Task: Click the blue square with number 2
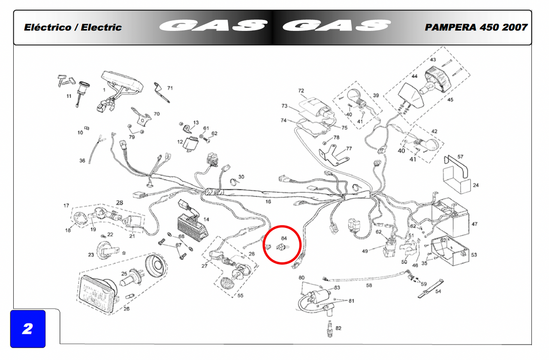tap(28, 329)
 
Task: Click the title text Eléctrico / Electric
tap(73, 27)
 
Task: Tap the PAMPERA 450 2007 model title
tap(476, 27)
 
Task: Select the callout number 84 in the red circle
tap(284, 238)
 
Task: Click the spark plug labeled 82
tap(330, 328)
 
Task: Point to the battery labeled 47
tap(450, 218)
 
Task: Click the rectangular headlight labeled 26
tap(99, 293)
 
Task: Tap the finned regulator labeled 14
tap(193, 227)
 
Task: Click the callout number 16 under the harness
tap(268, 202)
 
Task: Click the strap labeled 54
tap(431, 289)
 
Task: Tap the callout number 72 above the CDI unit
tap(301, 91)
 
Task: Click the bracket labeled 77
tap(333, 155)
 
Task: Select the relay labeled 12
tap(191, 145)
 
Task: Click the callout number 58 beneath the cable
tap(369, 285)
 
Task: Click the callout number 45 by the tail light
tap(450, 100)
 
